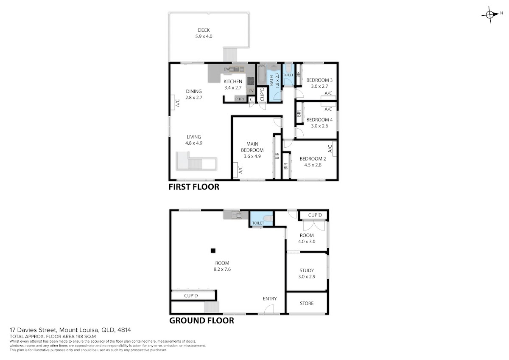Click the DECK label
pyautogui.click(x=204, y=30)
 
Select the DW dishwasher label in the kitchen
pyautogui.click(x=227, y=69)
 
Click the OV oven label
pyautogui.click(x=251, y=91)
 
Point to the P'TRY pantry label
pyautogui.click(x=240, y=99)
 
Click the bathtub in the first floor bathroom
pyautogui.click(x=262, y=74)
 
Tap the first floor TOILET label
pyautogui.click(x=288, y=75)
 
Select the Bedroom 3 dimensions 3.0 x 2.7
pyautogui.click(x=319, y=86)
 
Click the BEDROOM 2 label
pyautogui.click(x=313, y=159)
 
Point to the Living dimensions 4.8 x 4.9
pyautogui.click(x=193, y=143)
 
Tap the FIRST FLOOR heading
pyautogui.click(x=194, y=187)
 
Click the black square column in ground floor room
pyautogui.click(x=213, y=250)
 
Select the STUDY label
pyautogui.click(x=307, y=270)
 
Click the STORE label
pyautogui.click(x=307, y=304)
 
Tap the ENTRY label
pyautogui.click(x=270, y=298)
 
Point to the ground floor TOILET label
pyautogui.click(x=258, y=223)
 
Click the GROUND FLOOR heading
pyautogui.click(x=201, y=321)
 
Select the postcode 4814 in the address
pyautogui.click(x=124, y=330)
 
